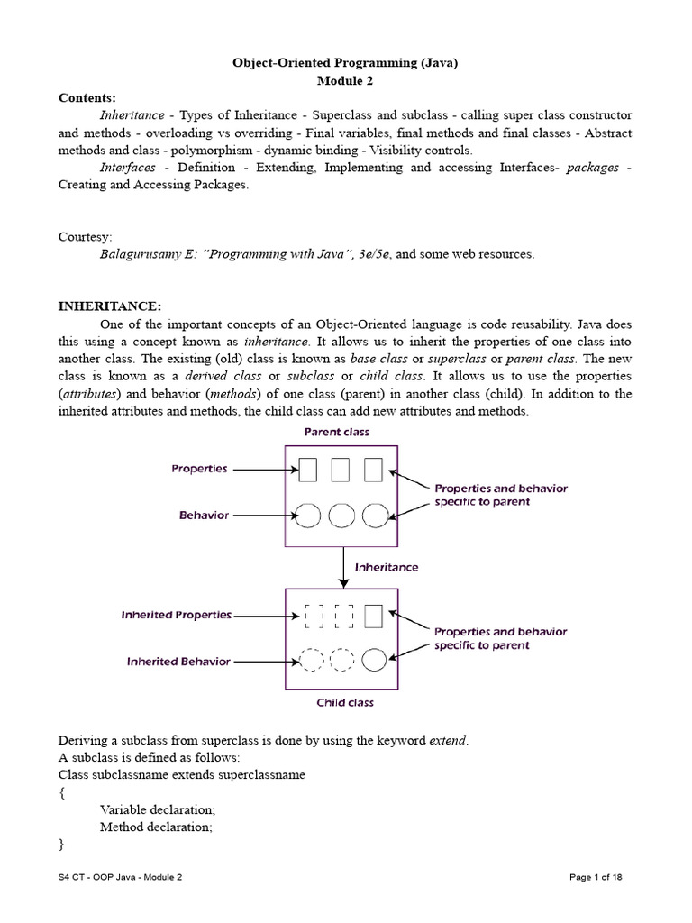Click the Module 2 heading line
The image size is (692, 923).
345,80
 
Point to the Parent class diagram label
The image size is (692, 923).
335,432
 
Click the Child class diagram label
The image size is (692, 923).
344,702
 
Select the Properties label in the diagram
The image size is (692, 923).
199,469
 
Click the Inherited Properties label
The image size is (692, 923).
177,616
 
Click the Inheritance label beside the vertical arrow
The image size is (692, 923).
386,568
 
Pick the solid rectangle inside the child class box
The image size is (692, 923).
373,616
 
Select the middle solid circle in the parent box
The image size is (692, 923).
341,516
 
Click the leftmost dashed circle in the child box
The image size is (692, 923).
311,661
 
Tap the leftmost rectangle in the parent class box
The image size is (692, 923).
309,470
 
